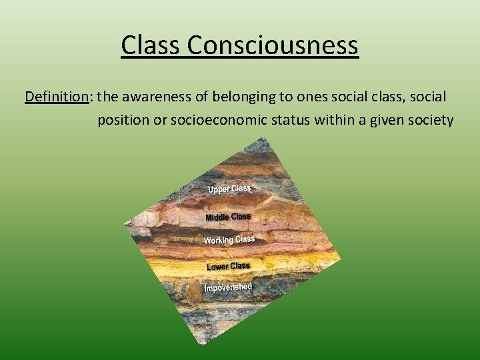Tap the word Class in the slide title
(x=151, y=46)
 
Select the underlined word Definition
(x=57, y=97)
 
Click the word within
(x=331, y=121)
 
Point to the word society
(x=431, y=121)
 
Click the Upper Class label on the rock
(x=229, y=189)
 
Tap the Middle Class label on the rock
(x=228, y=217)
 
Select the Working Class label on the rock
(x=229, y=239)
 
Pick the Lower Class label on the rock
(x=229, y=267)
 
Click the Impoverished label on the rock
(x=228, y=287)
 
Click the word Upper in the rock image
(x=219, y=190)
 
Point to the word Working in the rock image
(x=219, y=240)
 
